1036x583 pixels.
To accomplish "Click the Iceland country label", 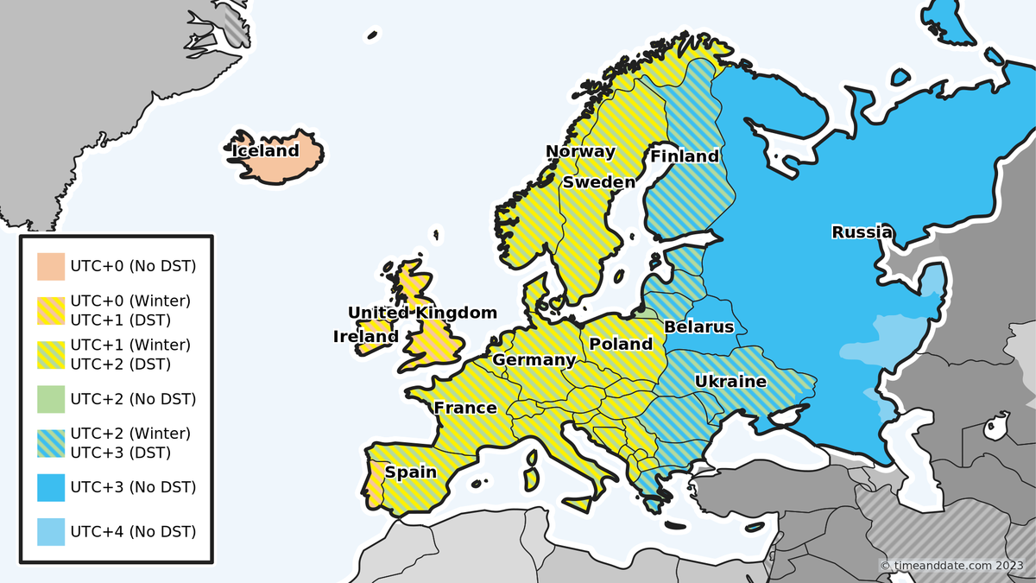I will tap(265, 151).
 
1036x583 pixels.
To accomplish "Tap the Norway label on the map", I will tap(580, 152).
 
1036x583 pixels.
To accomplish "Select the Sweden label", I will tap(599, 182).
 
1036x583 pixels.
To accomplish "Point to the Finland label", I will tap(685, 156).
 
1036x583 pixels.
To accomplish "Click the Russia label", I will tap(862, 231).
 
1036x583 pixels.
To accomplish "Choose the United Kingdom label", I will tap(422, 313).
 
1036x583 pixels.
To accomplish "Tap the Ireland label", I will tap(366, 337).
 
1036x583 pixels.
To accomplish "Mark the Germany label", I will tap(534, 360).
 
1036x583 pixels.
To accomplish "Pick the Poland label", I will tap(621, 344).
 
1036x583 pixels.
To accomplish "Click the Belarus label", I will tap(698, 326).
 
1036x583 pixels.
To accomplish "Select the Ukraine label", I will tap(730, 381).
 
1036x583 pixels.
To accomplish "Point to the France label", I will tap(465, 408).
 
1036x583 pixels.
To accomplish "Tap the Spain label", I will tap(411, 472).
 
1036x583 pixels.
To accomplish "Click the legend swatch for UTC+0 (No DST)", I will tap(51, 266).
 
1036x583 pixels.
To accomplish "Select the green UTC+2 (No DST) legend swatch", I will tap(51, 399).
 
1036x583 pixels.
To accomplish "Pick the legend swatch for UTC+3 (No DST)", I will tap(51, 487).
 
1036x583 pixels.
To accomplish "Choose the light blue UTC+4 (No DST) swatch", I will tap(51, 531).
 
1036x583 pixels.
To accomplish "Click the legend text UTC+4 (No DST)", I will tap(133, 531).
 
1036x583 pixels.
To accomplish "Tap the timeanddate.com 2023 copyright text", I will tap(954, 565).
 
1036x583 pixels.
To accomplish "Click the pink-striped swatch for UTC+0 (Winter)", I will tap(51, 310).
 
